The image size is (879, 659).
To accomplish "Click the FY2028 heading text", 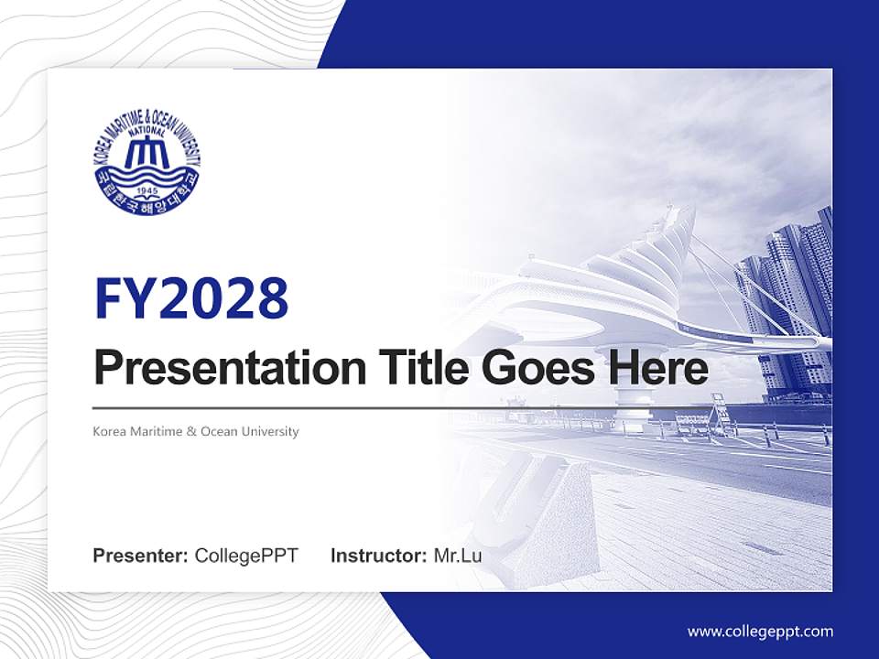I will (x=190, y=298).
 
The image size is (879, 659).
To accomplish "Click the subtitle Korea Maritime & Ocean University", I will (x=196, y=431).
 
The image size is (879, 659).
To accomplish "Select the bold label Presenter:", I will (x=141, y=556).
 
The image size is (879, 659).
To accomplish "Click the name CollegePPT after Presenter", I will (x=246, y=556).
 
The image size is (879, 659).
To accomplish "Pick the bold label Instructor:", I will (x=378, y=556).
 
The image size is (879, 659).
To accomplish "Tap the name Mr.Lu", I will (x=458, y=556).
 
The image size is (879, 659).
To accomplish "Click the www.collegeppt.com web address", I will (x=760, y=632).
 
